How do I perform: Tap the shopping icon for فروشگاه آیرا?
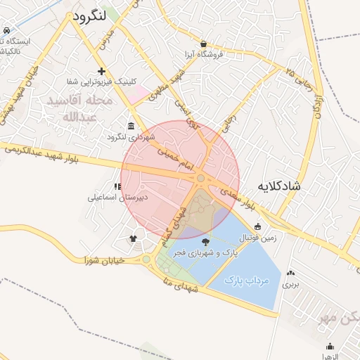[x=203, y=44]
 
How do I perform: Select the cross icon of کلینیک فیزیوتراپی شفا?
[x=102, y=71]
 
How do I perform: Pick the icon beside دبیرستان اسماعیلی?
[x=117, y=187]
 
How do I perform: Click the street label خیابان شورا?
[x=103, y=261]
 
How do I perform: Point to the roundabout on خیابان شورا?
[x=146, y=260]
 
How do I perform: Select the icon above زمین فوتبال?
[x=258, y=226]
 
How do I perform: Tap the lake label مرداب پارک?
[x=247, y=280]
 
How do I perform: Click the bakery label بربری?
[x=290, y=285]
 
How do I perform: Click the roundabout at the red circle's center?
[x=201, y=179]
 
